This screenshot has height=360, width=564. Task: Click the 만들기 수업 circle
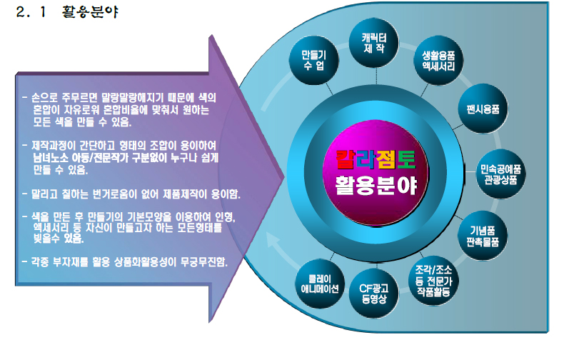tap(314, 61)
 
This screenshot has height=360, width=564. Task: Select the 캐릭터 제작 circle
tap(374, 43)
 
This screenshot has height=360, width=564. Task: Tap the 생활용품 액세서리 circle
tap(438, 61)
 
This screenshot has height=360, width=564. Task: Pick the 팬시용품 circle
tap(483, 109)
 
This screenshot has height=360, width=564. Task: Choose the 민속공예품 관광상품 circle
tap(500, 174)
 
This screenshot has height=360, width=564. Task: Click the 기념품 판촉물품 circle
tap(483, 236)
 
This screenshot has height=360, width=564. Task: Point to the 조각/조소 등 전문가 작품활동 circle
tap(433, 281)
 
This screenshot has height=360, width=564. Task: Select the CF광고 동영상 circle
tap(374, 294)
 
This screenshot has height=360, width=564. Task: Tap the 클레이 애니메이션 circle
tap(320, 284)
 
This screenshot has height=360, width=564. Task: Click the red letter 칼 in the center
tap(346, 160)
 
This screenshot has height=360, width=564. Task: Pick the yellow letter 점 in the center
tap(386, 160)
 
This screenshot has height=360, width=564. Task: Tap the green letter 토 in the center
tap(406, 160)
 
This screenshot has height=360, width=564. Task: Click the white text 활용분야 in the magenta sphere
tap(376, 186)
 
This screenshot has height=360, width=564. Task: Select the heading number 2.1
tap(31, 12)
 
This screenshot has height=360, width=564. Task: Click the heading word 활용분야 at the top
tap(90, 12)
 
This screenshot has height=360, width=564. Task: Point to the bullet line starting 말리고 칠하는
tap(131, 194)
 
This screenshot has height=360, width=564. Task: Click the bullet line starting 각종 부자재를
tap(124, 261)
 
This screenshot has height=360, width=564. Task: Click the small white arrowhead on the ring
tap(273, 239)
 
